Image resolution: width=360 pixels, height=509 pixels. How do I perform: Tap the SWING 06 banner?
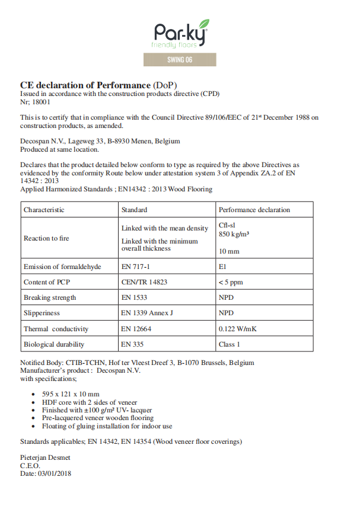180,60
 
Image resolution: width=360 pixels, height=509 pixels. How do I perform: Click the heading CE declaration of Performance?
86,85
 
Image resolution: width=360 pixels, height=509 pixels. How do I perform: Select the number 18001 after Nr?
40,102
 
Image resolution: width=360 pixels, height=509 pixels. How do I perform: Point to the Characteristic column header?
44,210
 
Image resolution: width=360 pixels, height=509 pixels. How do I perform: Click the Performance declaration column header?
254,210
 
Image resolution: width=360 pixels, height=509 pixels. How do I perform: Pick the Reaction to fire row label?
46,238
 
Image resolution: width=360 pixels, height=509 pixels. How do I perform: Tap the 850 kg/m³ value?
234,234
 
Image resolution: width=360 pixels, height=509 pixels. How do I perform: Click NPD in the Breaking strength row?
226,297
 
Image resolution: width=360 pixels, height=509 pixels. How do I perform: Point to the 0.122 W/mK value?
238,329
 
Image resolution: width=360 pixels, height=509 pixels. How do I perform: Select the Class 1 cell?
230,344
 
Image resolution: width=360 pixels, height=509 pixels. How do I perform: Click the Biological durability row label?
54,344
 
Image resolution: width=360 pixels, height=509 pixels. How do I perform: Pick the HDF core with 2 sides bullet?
86,402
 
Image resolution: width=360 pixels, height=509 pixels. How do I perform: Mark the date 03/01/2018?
54,473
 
